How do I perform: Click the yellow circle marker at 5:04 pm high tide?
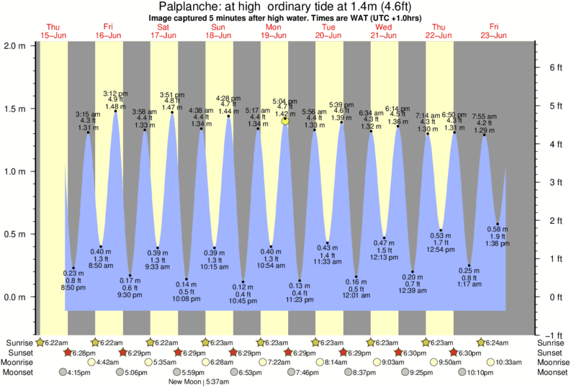tap(286, 121)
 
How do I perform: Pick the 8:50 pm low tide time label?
tap(73, 287)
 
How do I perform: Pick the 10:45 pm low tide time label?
tap(243, 301)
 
